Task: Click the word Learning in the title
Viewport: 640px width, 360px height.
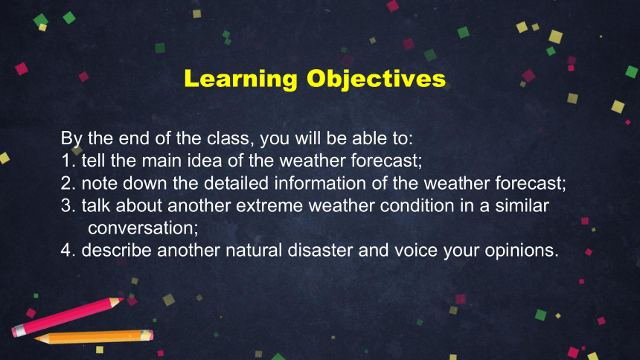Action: pyautogui.click(x=241, y=79)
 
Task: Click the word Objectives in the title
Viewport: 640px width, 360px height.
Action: pyautogui.click(x=376, y=79)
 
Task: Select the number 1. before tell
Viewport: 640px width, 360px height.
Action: pyautogui.click(x=68, y=161)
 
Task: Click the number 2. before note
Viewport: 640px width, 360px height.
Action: pyautogui.click(x=68, y=183)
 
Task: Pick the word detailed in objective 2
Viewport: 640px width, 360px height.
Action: pyautogui.click(x=237, y=183)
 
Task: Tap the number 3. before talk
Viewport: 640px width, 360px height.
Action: pyautogui.click(x=68, y=206)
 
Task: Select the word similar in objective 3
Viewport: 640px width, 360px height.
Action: pyautogui.click(x=522, y=205)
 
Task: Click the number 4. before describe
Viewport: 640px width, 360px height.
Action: pyautogui.click(x=68, y=250)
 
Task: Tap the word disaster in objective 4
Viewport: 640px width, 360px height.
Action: pyautogui.click(x=320, y=250)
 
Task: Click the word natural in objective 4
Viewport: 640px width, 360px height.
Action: pyautogui.click(x=254, y=250)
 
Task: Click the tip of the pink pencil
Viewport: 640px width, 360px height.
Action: pyautogui.click(x=123, y=300)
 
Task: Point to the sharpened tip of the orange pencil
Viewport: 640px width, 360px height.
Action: pyautogui.click(x=36, y=338)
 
